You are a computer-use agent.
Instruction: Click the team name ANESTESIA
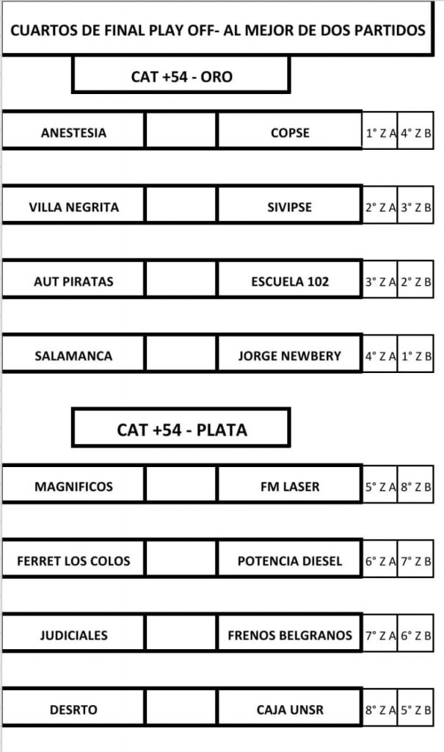click(x=73, y=133)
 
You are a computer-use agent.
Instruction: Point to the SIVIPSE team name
click(x=290, y=207)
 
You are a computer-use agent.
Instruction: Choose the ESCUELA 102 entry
click(x=290, y=281)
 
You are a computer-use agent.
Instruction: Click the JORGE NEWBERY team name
click(x=290, y=356)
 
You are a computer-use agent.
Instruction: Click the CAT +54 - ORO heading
click(x=181, y=76)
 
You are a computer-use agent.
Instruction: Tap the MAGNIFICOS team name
click(x=73, y=487)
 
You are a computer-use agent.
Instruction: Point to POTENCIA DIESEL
click(x=290, y=561)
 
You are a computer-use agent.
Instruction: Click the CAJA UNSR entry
click(x=290, y=710)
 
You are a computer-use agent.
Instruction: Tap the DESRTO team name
click(x=73, y=710)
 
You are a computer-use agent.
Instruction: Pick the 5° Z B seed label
click(x=415, y=710)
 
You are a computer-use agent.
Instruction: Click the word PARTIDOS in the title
click(x=390, y=30)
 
